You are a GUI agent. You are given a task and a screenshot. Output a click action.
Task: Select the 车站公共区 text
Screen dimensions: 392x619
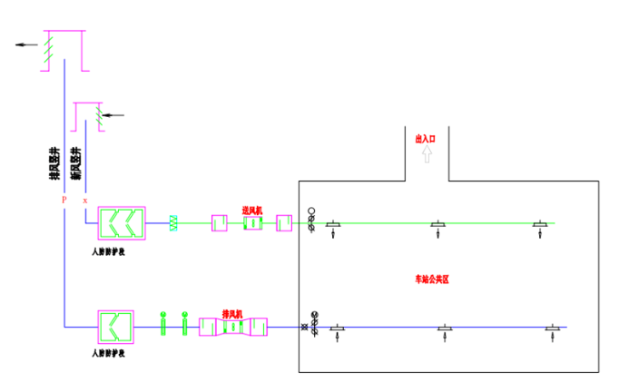pyautogui.click(x=433, y=279)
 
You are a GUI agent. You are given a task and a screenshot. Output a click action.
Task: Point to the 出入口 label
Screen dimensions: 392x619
pyautogui.click(x=426, y=139)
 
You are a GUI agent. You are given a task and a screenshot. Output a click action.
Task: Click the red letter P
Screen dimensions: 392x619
pyautogui.click(x=64, y=199)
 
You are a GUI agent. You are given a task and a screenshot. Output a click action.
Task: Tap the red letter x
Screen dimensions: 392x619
pyautogui.click(x=85, y=200)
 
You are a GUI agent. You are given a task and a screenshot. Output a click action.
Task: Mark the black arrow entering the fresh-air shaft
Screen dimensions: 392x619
pyautogui.click(x=113, y=115)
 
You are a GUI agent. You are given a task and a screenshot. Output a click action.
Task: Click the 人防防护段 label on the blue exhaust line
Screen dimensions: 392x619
pyautogui.click(x=109, y=352)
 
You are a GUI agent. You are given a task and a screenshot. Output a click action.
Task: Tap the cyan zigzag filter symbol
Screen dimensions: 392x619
pyautogui.click(x=173, y=222)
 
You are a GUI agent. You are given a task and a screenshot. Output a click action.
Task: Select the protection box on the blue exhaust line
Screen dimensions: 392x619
pyautogui.click(x=116, y=325)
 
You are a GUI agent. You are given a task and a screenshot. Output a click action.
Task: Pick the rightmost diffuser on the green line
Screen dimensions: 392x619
pyautogui.click(x=541, y=224)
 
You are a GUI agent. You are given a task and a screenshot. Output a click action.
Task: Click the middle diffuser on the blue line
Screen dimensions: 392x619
pyautogui.click(x=445, y=328)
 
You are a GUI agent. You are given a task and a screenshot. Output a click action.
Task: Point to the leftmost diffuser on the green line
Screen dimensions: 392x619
pyautogui.click(x=334, y=224)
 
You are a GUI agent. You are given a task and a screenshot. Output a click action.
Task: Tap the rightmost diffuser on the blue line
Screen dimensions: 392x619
pyautogui.click(x=553, y=328)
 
